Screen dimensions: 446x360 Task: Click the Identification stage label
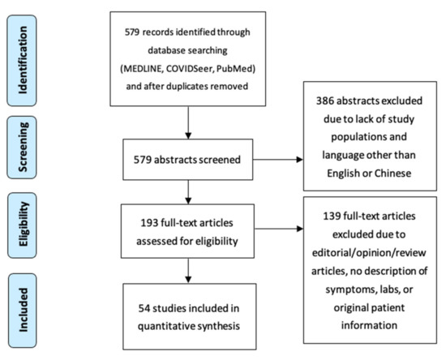click(22, 60)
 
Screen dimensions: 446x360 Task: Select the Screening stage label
click(22, 148)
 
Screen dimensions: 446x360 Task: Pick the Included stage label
click(22, 311)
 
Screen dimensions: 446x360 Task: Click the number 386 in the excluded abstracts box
click(325, 101)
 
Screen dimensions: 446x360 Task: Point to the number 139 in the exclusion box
click(332, 216)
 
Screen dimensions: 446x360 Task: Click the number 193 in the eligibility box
click(149, 223)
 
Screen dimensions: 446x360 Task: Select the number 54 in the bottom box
click(144, 308)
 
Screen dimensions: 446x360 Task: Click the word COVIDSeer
click(190, 69)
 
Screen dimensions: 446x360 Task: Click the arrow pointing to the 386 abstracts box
click(278, 160)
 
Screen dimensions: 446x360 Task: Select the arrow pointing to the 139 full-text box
click(279, 229)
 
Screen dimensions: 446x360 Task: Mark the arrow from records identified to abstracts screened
click(188, 122)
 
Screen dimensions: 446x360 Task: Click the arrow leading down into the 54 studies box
click(188, 271)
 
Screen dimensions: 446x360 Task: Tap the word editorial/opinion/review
click(369, 253)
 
